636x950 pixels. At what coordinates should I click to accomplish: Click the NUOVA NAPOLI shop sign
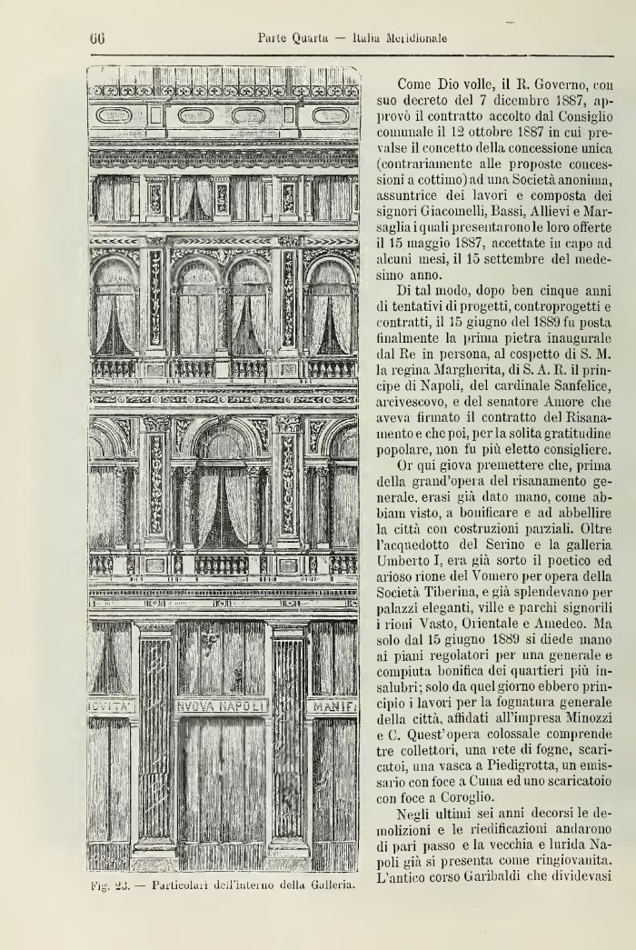pyautogui.click(x=222, y=705)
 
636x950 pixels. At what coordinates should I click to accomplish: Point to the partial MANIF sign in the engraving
pyautogui.click(x=334, y=705)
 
